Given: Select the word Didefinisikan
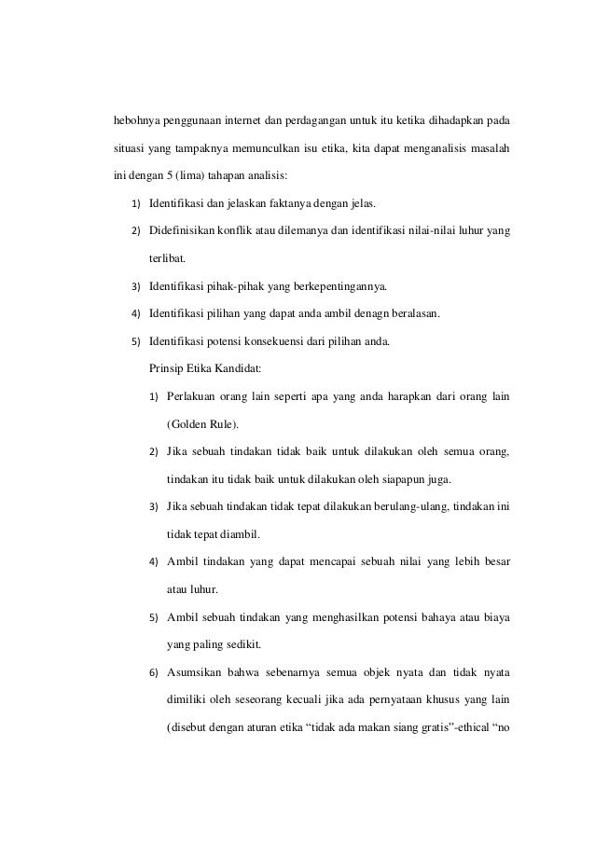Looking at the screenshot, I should tap(181, 230).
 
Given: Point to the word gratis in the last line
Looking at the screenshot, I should tap(428, 727).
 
